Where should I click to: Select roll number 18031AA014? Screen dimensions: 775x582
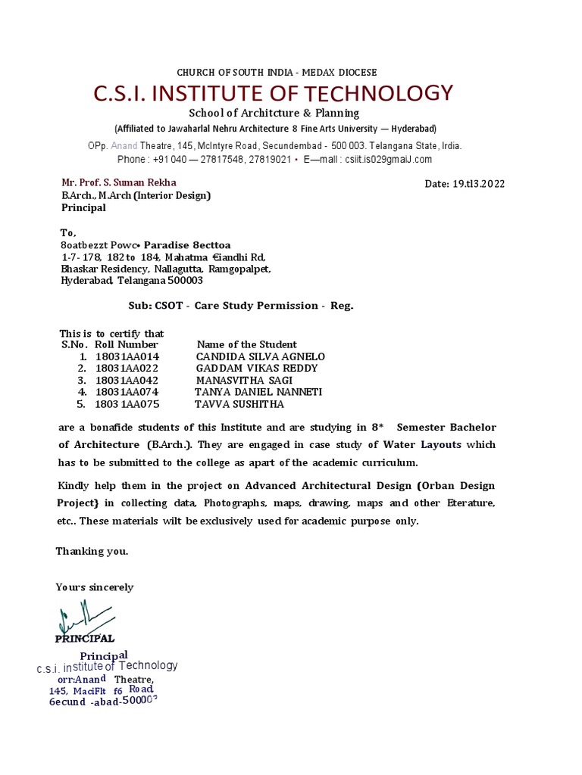(127, 356)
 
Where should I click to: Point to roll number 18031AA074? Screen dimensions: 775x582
(127, 392)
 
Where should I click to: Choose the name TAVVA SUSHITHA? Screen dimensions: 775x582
(239, 404)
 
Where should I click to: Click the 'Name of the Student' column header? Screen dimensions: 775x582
(247, 344)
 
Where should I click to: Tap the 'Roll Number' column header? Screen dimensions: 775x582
(127, 344)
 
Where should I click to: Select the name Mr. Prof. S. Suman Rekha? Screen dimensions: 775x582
(119, 182)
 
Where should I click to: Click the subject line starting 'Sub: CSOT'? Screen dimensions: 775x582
(240, 306)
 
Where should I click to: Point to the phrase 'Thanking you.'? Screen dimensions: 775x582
(92, 551)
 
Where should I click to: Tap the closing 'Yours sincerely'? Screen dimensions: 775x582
(95, 587)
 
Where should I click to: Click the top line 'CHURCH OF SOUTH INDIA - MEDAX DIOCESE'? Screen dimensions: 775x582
(277, 73)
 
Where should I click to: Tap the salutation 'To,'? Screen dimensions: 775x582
(68, 232)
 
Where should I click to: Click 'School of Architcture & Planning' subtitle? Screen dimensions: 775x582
(274, 114)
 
